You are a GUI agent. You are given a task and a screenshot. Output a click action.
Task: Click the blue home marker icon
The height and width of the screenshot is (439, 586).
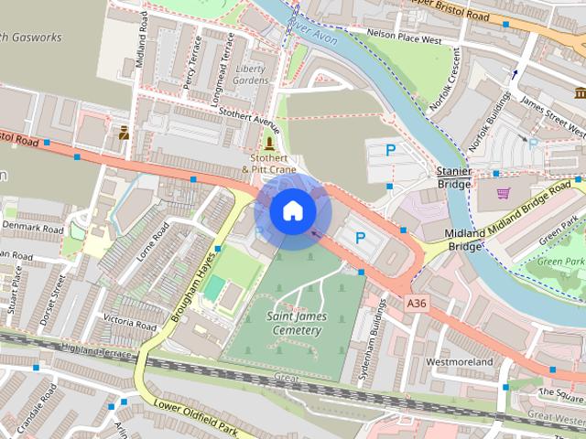pos(292,211)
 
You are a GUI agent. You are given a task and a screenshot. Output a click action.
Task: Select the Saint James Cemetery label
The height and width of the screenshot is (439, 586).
pos(296,323)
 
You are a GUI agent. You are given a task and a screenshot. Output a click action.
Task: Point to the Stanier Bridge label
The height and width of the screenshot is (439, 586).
pos(453,177)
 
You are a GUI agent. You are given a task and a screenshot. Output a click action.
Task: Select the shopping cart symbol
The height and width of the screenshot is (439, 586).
pos(503,192)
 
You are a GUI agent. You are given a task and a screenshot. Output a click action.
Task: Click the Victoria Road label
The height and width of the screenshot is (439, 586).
pos(129,321)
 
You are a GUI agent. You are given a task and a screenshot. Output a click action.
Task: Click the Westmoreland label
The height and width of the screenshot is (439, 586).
pos(460,362)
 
